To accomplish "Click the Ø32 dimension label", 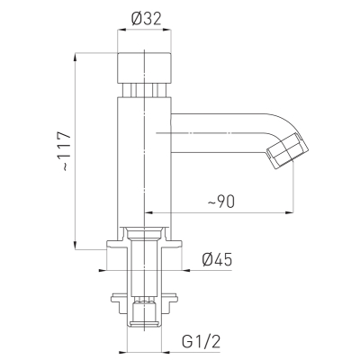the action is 147,19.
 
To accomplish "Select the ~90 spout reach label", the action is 220,202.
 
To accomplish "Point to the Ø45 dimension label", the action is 217,259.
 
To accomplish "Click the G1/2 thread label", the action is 202,341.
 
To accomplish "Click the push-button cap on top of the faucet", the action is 144,67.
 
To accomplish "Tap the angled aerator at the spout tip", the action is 288,150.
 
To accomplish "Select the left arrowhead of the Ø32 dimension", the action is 121,30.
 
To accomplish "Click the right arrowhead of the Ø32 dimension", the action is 168,30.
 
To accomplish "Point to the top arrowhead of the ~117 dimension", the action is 75,57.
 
